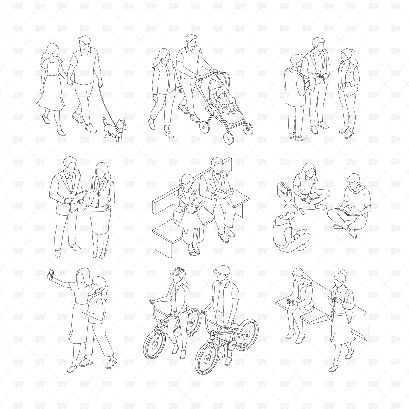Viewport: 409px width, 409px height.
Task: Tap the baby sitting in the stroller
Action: point(222,102)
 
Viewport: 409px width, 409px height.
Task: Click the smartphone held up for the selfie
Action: point(51,274)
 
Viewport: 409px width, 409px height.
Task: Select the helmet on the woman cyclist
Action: point(178,272)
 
